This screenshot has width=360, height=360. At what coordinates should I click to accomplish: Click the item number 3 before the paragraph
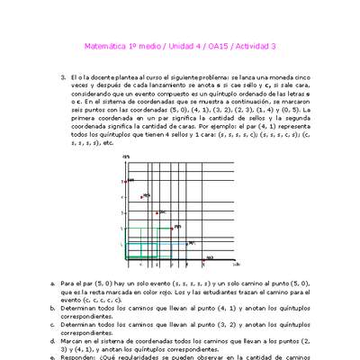point(63,78)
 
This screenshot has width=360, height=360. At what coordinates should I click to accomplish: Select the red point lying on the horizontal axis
point(202,259)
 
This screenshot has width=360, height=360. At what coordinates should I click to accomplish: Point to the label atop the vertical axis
point(128,158)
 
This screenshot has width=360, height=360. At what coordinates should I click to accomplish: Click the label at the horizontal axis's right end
point(236,265)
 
